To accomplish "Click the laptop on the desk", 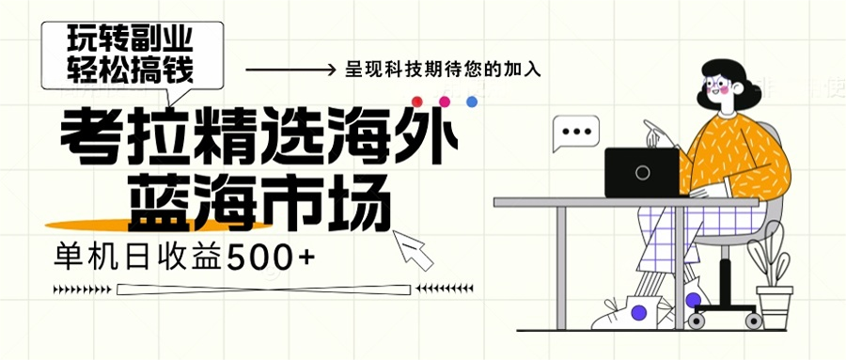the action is click(641, 172).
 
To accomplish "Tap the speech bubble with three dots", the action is click(574, 134).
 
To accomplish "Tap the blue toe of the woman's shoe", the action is click(640, 310).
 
